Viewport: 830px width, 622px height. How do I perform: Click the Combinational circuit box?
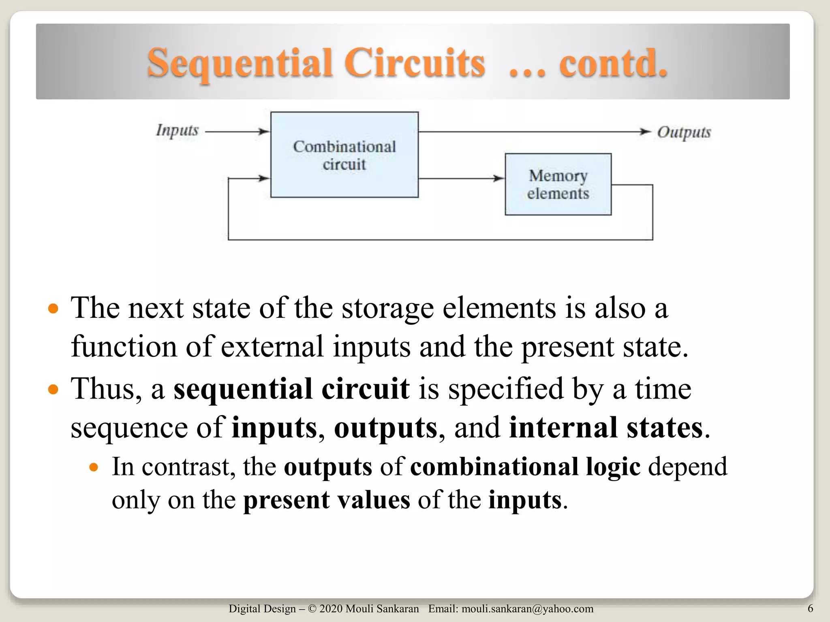(x=344, y=155)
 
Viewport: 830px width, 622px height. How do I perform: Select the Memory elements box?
(x=558, y=184)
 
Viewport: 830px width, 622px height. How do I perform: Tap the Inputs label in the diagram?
(x=177, y=131)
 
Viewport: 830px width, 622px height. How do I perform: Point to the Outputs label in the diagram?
(x=684, y=132)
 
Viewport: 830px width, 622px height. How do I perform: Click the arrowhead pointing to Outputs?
(x=645, y=131)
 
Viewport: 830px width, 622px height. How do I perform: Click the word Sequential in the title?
(x=240, y=64)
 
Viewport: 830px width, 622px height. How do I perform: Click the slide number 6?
(x=810, y=608)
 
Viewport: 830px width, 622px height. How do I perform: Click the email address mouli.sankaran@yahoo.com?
(x=527, y=609)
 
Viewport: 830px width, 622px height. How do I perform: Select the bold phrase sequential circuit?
(x=291, y=389)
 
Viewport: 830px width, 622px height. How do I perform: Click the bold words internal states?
(x=605, y=428)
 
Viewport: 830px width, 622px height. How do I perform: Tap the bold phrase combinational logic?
(x=525, y=467)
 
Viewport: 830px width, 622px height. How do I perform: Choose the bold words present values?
(x=327, y=500)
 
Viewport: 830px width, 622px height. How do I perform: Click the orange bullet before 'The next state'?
(x=53, y=309)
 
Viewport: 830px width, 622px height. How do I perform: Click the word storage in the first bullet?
(x=387, y=309)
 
